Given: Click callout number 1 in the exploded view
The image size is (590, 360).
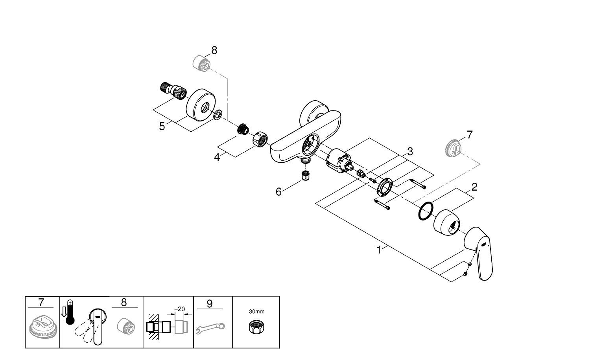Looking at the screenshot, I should click(379, 250).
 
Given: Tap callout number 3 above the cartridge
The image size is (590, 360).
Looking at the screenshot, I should click(410, 151).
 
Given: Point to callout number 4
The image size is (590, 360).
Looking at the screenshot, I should click(217, 157).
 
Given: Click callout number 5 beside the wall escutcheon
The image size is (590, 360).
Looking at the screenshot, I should click(162, 127).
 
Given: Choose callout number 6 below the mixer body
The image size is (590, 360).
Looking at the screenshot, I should click(278, 192).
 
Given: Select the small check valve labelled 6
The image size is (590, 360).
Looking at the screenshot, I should click(305, 175).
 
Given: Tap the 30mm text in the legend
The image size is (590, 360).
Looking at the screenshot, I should click(256, 311).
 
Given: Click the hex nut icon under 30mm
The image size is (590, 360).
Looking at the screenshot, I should click(256, 327).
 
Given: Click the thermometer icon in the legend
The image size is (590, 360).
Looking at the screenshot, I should click(70, 312).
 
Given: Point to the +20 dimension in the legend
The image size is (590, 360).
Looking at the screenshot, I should click(179, 309).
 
